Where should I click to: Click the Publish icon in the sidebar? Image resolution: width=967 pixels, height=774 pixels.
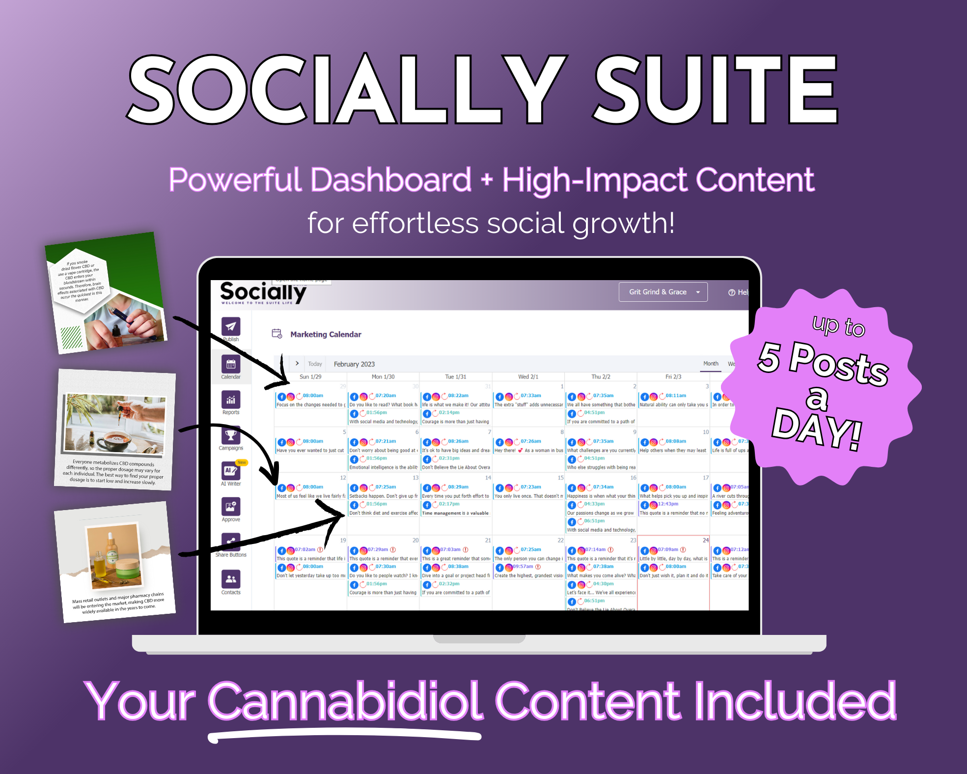tap(230, 326)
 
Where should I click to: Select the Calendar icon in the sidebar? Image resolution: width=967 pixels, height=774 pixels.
tap(230, 364)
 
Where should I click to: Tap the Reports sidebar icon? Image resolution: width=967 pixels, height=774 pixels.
tap(230, 400)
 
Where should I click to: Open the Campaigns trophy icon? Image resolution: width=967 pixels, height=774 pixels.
tap(230, 435)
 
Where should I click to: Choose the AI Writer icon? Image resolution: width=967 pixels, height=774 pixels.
tap(230, 471)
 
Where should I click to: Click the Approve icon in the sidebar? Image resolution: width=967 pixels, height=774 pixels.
tap(230, 507)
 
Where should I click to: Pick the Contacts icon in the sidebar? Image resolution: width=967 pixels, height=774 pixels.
tap(230, 579)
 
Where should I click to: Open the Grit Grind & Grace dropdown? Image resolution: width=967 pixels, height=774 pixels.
tap(663, 292)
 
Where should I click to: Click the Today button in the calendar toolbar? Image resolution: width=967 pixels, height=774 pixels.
tap(315, 364)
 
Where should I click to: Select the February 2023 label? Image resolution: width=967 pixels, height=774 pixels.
tap(354, 364)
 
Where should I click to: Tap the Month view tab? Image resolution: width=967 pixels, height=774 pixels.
tap(711, 364)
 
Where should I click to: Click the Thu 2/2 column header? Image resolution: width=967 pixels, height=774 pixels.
tap(601, 377)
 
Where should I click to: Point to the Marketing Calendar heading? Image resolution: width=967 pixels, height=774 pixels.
tap(326, 335)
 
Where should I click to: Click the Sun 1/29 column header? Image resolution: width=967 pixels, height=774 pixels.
tap(310, 377)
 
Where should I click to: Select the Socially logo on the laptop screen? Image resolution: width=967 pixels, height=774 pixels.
tap(263, 293)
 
